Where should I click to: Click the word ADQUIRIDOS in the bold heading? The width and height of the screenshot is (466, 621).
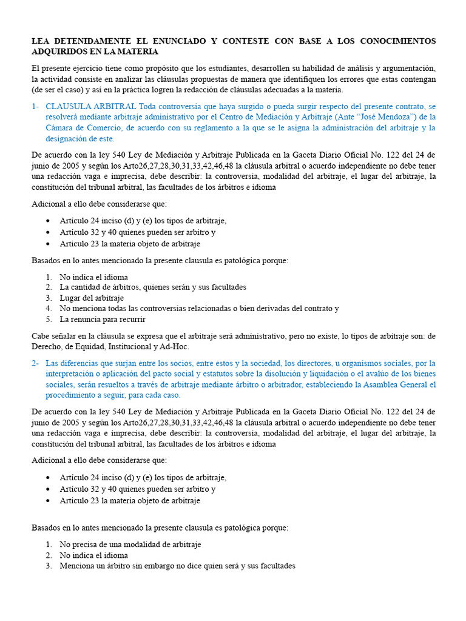pos(61,52)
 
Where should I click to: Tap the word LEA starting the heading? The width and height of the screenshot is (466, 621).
pos(41,41)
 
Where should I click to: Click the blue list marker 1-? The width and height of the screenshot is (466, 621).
pos(35,106)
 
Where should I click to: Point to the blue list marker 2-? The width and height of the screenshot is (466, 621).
pos(35,363)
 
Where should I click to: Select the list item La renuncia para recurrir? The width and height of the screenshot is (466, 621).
pos(102,319)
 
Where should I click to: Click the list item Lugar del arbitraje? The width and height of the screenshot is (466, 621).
pos(91,298)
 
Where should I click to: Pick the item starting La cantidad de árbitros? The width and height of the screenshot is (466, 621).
pos(152,287)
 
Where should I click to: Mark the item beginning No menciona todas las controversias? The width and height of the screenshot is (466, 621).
pos(198,308)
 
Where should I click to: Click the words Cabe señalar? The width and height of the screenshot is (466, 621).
pos(52,335)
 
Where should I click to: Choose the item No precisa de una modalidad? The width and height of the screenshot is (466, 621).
pos(130,544)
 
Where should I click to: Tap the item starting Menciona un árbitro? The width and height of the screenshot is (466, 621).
pos(177,566)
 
